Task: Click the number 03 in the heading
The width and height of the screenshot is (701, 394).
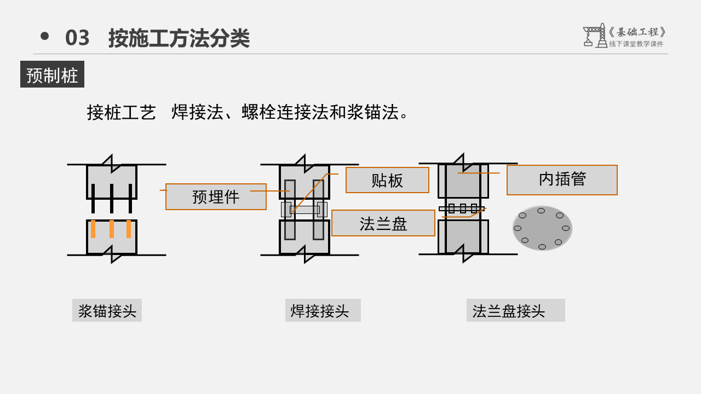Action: click(77, 38)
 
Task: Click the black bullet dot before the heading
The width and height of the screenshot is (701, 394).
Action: click(45, 36)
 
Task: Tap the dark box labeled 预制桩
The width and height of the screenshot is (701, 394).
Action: click(52, 74)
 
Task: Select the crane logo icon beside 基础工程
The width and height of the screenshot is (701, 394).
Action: click(595, 36)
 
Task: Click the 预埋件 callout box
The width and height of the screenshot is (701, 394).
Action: click(216, 196)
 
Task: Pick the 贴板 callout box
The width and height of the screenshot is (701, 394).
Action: click(387, 180)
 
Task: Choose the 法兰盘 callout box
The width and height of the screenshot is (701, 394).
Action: click(383, 223)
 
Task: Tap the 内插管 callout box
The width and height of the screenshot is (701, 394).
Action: click(562, 180)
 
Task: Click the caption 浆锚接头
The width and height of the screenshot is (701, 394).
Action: click(107, 310)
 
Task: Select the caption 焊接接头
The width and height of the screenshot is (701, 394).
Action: click(323, 310)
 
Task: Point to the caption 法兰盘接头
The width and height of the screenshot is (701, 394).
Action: click(516, 310)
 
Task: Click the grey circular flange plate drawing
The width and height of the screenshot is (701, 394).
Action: click(542, 228)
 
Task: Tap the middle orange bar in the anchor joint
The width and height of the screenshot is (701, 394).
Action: click(112, 229)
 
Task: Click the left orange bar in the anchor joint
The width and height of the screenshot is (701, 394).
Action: click(93, 229)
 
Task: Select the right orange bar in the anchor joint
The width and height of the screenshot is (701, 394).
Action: click(129, 229)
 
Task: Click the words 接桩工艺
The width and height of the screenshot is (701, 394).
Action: click(122, 113)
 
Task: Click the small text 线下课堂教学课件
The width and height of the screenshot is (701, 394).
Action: click(636, 44)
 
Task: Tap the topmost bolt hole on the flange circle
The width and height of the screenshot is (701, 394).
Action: click(541, 211)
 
